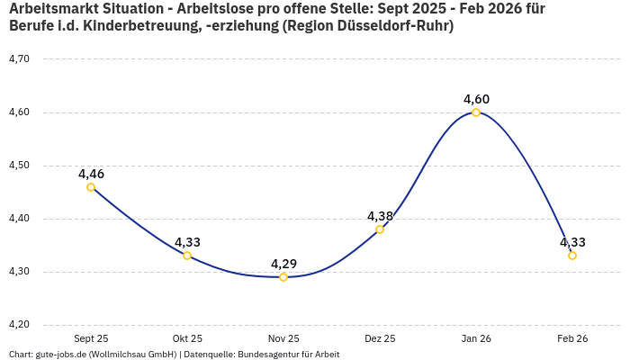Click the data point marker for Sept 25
click(x=91, y=187)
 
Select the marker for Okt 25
click(x=187, y=256)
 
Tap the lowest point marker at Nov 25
click(x=283, y=277)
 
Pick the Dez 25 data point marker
click(x=380, y=229)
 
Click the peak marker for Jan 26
click(x=476, y=112)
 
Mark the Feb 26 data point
click(x=572, y=256)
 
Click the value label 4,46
click(x=91, y=174)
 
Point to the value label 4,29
click(x=283, y=264)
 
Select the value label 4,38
click(x=380, y=216)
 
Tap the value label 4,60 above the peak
click(x=476, y=99)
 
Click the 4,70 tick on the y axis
click(x=19, y=59)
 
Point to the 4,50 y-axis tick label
click(x=19, y=166)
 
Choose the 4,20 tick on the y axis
click(x=19, y=325)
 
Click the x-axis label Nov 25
click(x=283, y=339)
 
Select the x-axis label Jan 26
click(x=476, y=339)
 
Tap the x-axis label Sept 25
click(x=91, y=339)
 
